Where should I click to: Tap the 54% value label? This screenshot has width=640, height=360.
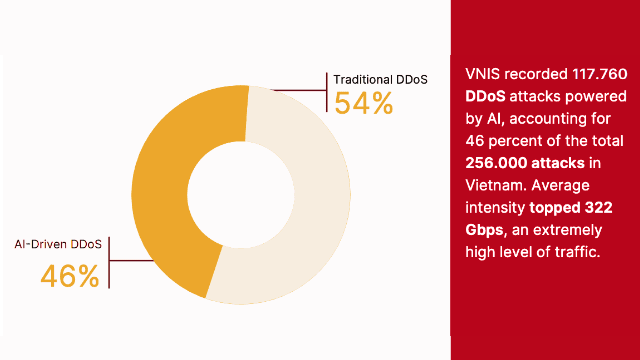(364, 103)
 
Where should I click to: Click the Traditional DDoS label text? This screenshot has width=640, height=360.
(380, 80)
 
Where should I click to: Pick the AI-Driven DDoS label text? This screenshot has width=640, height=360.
(58, 244)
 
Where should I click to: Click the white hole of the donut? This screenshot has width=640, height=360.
(241, 195)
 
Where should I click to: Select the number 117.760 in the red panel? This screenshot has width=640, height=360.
(599, 74)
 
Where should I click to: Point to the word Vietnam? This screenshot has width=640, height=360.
(495, 185)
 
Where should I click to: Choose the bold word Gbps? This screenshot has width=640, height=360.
(484, 230)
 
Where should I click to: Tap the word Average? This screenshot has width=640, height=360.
(560, 185)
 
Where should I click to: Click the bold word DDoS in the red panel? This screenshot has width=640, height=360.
(485, 96)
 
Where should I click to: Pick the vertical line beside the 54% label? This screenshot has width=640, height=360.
(327, 92)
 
